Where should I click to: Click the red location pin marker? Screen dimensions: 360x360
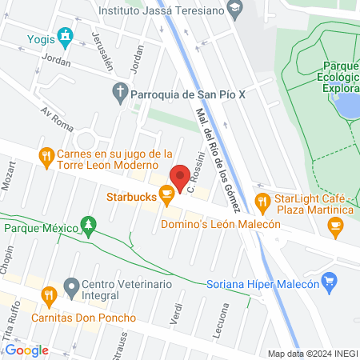(x=180, y=178)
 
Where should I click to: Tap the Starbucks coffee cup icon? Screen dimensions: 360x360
(x=166, y=194)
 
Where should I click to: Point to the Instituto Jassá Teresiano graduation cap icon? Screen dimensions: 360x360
(x=234, y=10)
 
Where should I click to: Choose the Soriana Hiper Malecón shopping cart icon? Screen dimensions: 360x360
(x=328, y=281)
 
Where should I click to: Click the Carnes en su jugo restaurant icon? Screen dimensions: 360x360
(x=47, y=154)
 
